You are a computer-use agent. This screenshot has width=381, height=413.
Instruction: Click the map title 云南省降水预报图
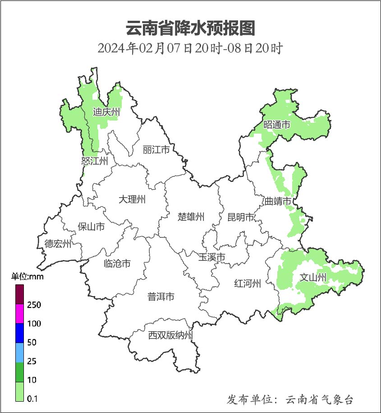[x=190, y=28]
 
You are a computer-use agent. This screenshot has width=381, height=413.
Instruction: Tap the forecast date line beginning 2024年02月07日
[x=190, y=48]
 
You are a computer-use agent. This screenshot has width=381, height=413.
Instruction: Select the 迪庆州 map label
[x=106, y=112]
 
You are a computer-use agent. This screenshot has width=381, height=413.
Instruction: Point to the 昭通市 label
[x=277, y=125]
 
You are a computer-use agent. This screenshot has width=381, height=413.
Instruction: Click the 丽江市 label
[x=156, y=149]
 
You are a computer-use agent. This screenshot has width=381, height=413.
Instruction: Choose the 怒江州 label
[x=95, y=161]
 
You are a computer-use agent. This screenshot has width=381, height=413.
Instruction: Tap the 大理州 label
[x=132, y=199]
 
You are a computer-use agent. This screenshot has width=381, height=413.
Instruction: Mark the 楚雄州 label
[x=191, y=217]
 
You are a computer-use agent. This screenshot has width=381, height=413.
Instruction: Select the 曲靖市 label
[x=277, y=201]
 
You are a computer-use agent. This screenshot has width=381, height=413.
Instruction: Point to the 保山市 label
[x=92, y=226]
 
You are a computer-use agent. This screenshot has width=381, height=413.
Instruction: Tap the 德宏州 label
[x=58, y=244]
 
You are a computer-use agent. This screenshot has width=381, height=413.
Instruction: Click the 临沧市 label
[x=117, y=263]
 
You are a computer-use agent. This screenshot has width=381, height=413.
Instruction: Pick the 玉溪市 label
[x=212, y=257]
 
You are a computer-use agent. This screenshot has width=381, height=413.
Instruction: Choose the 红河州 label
[x=248, y=283]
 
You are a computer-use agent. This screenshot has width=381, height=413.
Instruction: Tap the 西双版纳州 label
[x=170, y=335]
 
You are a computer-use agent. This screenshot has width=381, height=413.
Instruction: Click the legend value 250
[x=34, y=305]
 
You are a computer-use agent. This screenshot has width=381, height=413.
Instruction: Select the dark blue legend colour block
[x=19, y=333]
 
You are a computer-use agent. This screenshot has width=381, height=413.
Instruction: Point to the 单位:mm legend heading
[x=28, y=277]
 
